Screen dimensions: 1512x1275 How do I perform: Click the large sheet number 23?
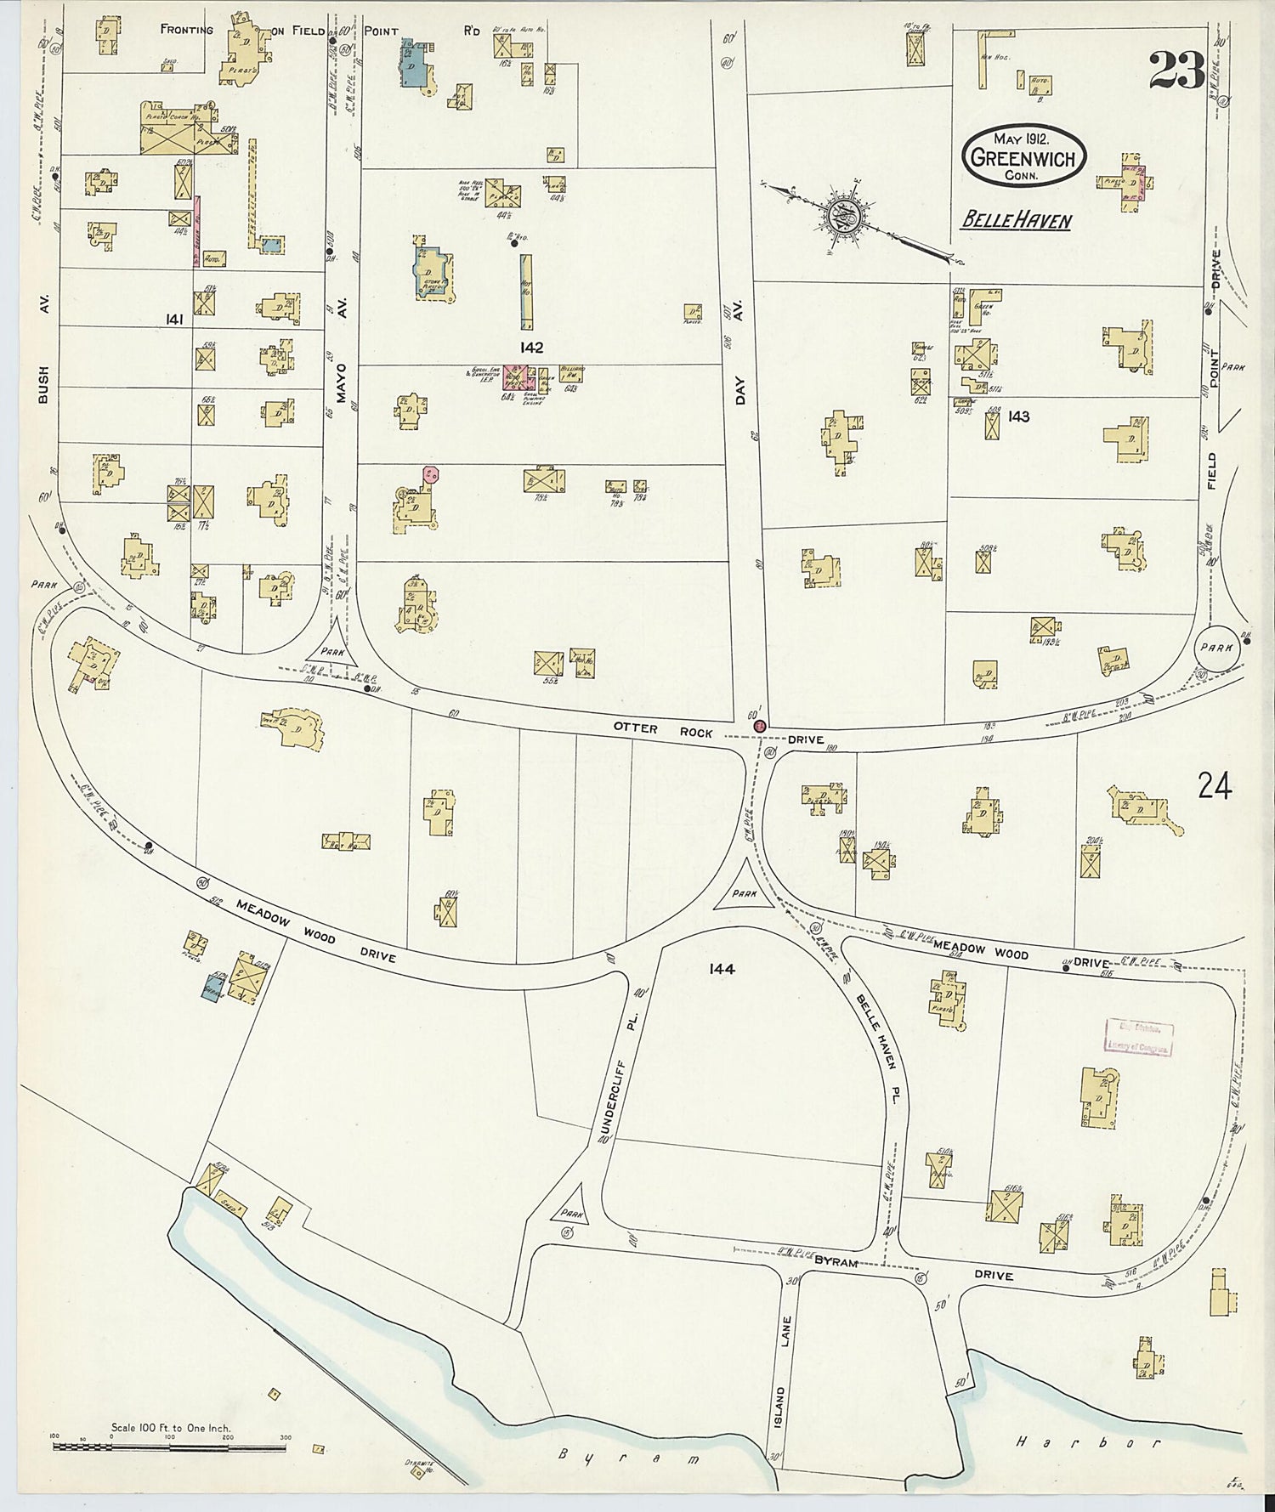pos(1177,70)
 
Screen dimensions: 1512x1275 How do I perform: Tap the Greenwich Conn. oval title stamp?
pos(1023,156)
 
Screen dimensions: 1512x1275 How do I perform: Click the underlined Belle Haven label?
pos(1016,221)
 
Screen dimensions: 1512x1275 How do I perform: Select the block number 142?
pos(533,348)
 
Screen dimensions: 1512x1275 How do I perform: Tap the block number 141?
pos(175,319)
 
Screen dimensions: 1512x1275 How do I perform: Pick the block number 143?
pos(1018,416)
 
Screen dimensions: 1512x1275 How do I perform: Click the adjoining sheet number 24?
pos(1214,786)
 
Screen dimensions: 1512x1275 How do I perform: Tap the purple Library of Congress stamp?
pos(1139,1036)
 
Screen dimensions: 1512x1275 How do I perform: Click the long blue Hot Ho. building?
pos(526,291)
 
